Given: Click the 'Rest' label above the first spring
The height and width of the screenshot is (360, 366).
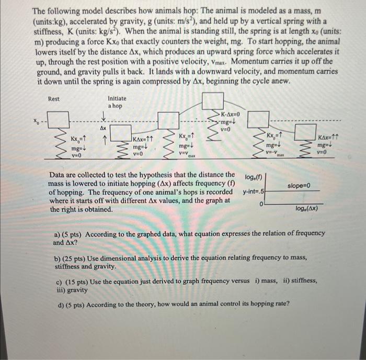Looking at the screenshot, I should coord(54,98).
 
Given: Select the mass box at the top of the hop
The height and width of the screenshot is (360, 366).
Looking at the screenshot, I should coord(213,101).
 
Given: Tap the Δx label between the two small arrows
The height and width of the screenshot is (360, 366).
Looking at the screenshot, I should coord(103,128).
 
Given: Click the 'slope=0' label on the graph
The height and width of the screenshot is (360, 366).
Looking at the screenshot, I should coord(299,186).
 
